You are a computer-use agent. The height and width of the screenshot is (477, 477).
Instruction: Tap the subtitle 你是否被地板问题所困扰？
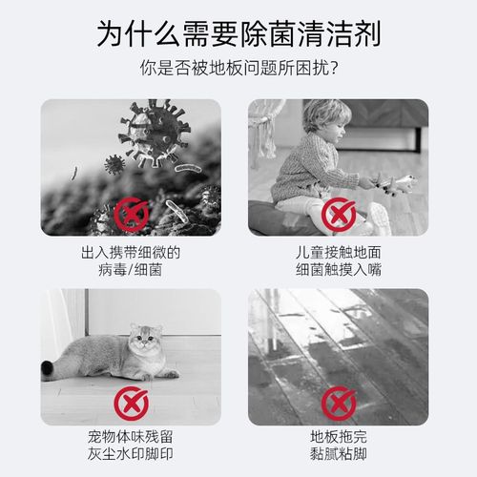[x=238, y=72]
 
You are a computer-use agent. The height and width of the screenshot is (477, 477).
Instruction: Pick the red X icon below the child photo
[x=338, y=215]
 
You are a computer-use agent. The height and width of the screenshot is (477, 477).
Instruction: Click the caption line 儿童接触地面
[x=338, y=252]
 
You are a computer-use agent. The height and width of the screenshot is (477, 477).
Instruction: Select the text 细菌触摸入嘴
[x=338, y=270]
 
